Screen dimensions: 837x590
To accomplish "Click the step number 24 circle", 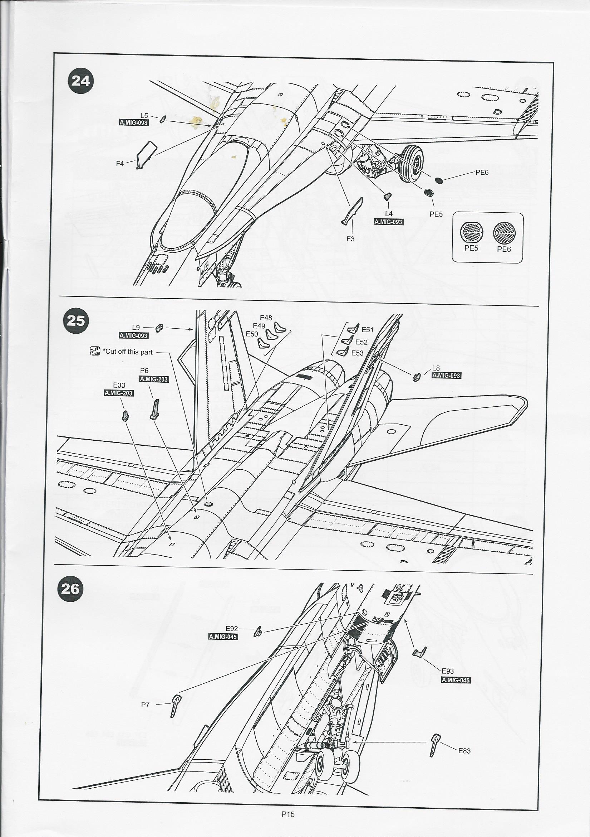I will click(x=81, y=81).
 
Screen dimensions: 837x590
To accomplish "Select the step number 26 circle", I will click(x=70, y=589).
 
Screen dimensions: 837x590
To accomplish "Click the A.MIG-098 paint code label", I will click(x=134, y=122).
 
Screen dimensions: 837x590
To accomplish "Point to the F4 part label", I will click(x=120, y=164).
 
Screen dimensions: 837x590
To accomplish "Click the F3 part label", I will click(x=350, y=239).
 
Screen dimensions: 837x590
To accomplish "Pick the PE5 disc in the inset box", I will click(x=472, y=233).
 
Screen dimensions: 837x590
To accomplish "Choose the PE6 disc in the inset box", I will click(x=504, y=233).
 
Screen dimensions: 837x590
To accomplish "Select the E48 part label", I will click(x=266, y=318).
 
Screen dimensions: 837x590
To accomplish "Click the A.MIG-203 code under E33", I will click(x=118, y=393).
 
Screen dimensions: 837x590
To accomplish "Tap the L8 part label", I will click(x=436, y=368).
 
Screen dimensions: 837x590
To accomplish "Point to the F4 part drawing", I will click(x=146, y=155).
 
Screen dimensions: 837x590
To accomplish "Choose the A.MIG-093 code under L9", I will click(x=134, y=335).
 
